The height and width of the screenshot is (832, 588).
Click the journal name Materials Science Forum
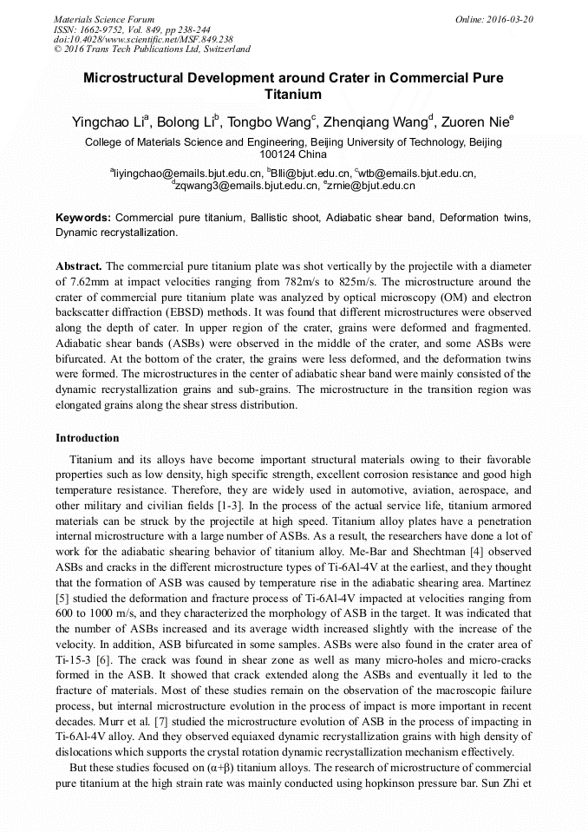pyautogui.click(x=104, y=19)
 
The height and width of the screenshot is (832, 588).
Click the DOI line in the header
pyautogui.click(x=143, y=40)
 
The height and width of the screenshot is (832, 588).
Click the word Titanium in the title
pyautogui.click(x=293, y=95)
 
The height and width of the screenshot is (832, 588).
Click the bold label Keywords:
pyautogui.click(x=83, y=218)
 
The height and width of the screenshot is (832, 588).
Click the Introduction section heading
pyautogui.click(x=88, y=438)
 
